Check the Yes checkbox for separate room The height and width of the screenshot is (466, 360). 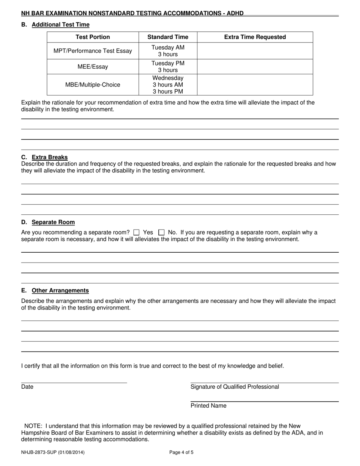[x=137, y=233]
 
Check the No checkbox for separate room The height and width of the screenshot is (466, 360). [x=161, y=233]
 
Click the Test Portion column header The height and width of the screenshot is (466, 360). [x=92, y=37]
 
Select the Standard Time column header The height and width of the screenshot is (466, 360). [x=167, y=37]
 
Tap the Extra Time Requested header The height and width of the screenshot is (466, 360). [x=255, y=37]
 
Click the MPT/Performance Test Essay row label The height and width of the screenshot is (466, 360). [x=92, y=51]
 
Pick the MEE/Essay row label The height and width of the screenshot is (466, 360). [x=92, y=67]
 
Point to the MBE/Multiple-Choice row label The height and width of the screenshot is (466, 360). [x=92, y=85]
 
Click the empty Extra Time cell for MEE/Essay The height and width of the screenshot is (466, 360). [x=255, y=67]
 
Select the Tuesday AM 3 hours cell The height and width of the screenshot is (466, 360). [x=167, y=51]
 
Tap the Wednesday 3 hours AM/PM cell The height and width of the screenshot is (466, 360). [x=167, y=85]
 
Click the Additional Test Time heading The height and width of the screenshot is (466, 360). [x=61, y=25]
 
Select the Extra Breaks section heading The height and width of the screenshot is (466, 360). [x=50, y=157]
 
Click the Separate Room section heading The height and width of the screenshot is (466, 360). [x=53, y=222]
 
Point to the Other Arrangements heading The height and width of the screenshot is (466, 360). [x=60, y=291]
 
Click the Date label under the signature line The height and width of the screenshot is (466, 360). [x=27, y=387]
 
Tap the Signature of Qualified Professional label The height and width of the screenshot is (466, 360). [x=235, y=387]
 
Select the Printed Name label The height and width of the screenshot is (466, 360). [x=208, y=406]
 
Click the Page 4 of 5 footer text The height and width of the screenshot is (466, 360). [x=182, y=452]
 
